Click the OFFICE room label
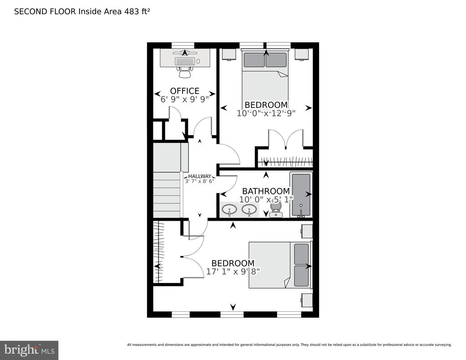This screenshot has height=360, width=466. [185, 91]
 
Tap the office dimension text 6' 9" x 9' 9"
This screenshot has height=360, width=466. [185, 99]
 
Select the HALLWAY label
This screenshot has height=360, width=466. [199, 176]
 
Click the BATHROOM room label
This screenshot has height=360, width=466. [266, 191]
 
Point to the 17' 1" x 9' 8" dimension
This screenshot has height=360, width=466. [233, 271]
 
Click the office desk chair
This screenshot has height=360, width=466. [185, 72]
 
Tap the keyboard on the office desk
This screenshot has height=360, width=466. [185, 61]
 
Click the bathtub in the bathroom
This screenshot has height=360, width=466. [301, 195]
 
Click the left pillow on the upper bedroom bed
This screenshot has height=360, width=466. [254, 60]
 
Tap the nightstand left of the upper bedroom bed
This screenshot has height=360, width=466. [229, 54]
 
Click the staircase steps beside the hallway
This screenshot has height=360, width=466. [167, 195]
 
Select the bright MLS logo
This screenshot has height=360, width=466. [29, 350]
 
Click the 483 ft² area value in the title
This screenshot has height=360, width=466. [138, 11]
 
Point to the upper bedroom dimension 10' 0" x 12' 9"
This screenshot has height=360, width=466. [266, 113]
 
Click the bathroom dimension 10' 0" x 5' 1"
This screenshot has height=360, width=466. [266, 199]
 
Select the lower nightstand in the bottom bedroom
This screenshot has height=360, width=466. [307, 300]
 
